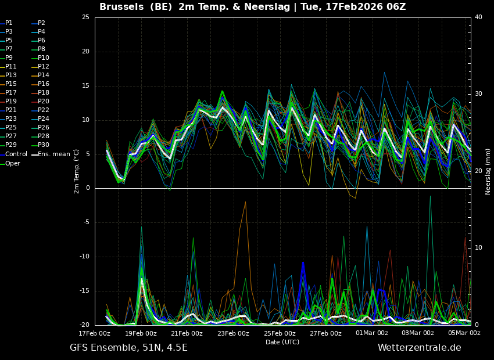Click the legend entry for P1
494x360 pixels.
9,23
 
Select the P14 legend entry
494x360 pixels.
44,75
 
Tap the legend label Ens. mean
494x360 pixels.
53,154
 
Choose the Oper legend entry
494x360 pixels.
13,163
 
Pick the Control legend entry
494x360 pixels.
16,154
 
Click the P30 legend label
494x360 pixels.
44,145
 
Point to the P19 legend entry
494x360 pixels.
10,102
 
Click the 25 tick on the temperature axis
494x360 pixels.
85,17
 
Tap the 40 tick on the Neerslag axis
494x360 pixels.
478,17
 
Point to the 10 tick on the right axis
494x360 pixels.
478,248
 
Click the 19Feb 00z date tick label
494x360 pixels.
141,333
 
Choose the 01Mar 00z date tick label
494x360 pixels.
371,333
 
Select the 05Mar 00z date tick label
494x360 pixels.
464,333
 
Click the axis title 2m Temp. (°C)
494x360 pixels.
77,171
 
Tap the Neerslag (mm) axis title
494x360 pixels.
488,171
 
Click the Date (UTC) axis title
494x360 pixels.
282,342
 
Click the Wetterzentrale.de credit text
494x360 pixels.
419,348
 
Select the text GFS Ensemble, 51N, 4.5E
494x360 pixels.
128,348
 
